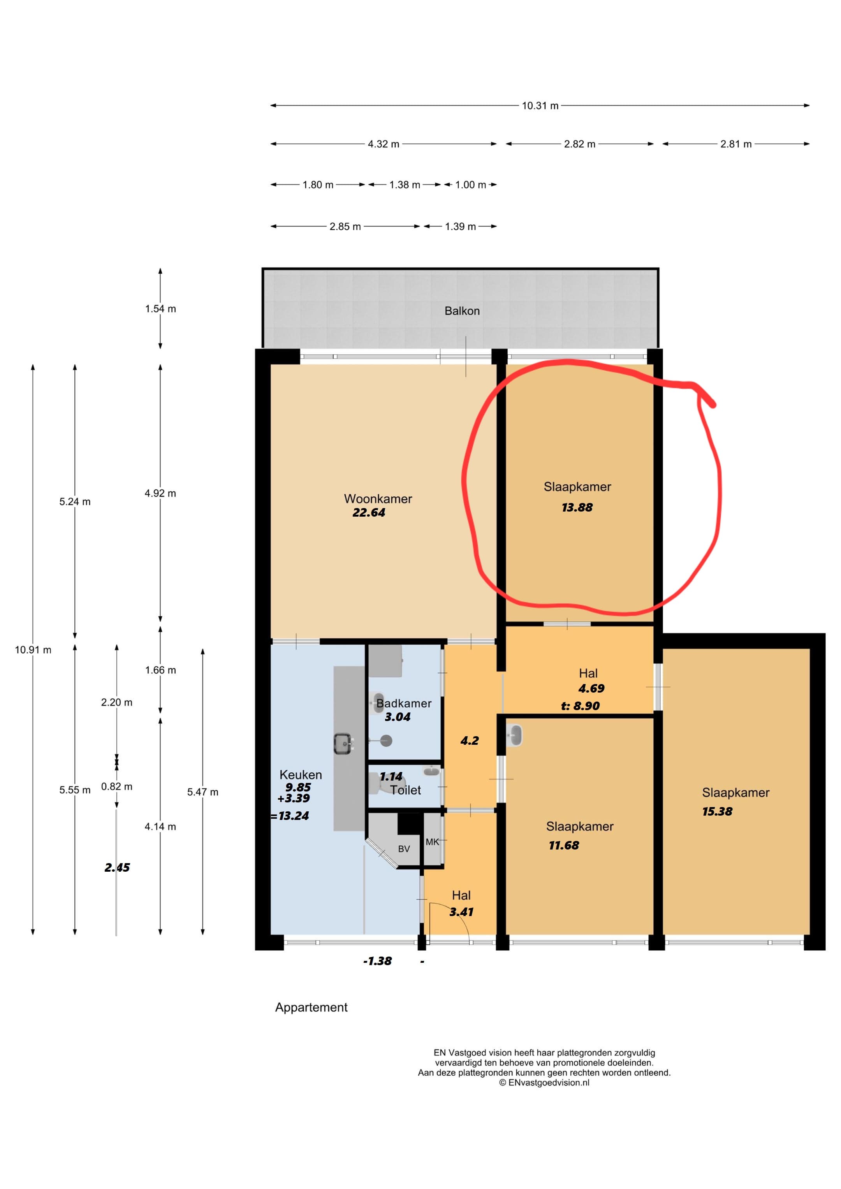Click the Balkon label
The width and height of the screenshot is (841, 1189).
point(462,311)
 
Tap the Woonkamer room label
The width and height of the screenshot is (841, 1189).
point(378,499)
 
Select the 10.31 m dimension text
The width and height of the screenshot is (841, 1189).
point(540,106)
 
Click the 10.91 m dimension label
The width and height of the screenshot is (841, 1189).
point(33,650)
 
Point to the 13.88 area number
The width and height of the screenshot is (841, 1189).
point(577,508)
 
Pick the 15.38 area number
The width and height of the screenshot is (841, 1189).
point(717,811)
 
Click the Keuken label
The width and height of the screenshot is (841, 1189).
point(300,775)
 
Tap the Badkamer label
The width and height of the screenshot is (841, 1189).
point(404,703)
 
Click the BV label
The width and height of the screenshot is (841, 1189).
point(404,849)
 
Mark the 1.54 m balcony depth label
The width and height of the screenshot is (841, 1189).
point(160,309)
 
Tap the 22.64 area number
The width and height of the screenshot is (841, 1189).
point(369,513)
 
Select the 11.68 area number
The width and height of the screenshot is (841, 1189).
point(564,846)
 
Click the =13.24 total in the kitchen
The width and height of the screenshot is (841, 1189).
point(290,816)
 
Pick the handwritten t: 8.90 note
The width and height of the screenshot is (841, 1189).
point(581,706)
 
